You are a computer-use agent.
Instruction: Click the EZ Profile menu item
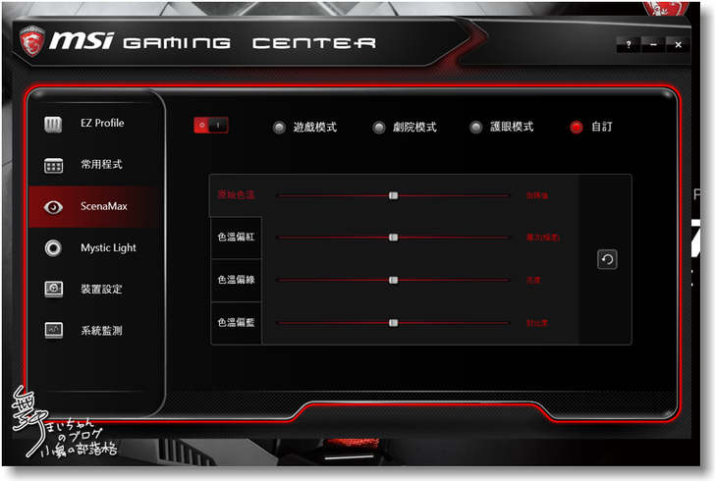(101, 124)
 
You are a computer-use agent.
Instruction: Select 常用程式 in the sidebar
(101, 165)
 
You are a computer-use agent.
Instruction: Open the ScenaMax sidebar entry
(103, 206)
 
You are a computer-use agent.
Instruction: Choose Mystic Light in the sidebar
(108, 248)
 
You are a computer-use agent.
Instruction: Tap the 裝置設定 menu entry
(101, 290)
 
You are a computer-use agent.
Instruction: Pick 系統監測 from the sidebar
(101, 331)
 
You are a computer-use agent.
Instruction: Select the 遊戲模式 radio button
(280, 128)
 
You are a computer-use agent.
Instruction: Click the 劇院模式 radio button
(379, 128)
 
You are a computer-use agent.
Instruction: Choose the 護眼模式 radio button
(476, 128)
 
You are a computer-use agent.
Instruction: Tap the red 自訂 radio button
(577, 128)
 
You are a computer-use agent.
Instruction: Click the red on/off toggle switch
(211, 125)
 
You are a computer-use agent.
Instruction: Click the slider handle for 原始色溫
(393, 195)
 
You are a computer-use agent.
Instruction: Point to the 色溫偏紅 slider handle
(393, 238)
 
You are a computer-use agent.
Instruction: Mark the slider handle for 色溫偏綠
(393, 280)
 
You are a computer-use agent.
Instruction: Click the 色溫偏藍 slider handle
(393, 322)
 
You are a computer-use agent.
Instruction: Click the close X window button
(678, 45)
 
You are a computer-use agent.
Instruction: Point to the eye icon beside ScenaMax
(54, 207)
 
